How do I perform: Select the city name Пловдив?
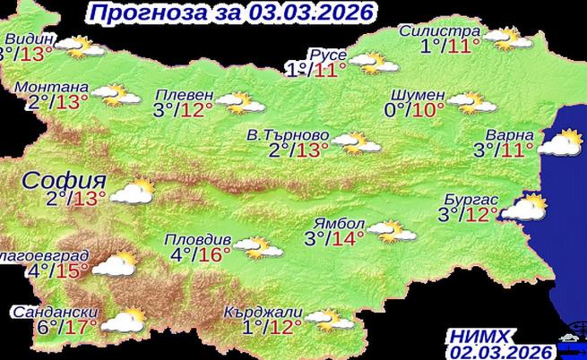pos(199,240)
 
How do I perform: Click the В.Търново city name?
pos(288,136)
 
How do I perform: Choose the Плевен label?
pos(185,95)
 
